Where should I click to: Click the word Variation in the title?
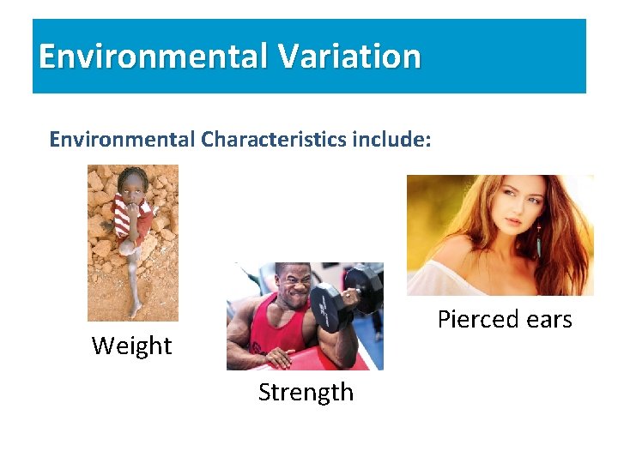tap(349, 57)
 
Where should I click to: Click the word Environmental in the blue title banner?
tap(153, 57)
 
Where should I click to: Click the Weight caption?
tap(131, 346)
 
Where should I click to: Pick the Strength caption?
tap(306, 392)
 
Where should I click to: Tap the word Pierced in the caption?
tap(475, 320)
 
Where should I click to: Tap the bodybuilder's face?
tap(294, 286)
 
